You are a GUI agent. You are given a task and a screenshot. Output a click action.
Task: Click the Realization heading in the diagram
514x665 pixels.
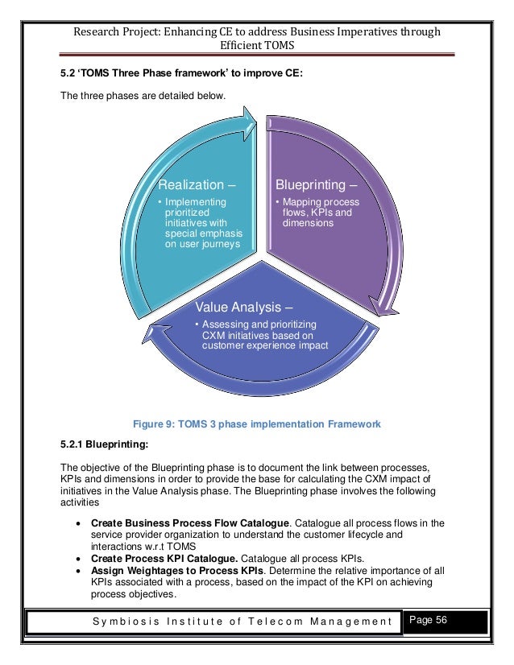tap(197, 183)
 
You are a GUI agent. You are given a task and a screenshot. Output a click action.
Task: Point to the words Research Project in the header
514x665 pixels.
tap(117, 32)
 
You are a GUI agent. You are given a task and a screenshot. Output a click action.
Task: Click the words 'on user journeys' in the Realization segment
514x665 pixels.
tap(197, 246)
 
